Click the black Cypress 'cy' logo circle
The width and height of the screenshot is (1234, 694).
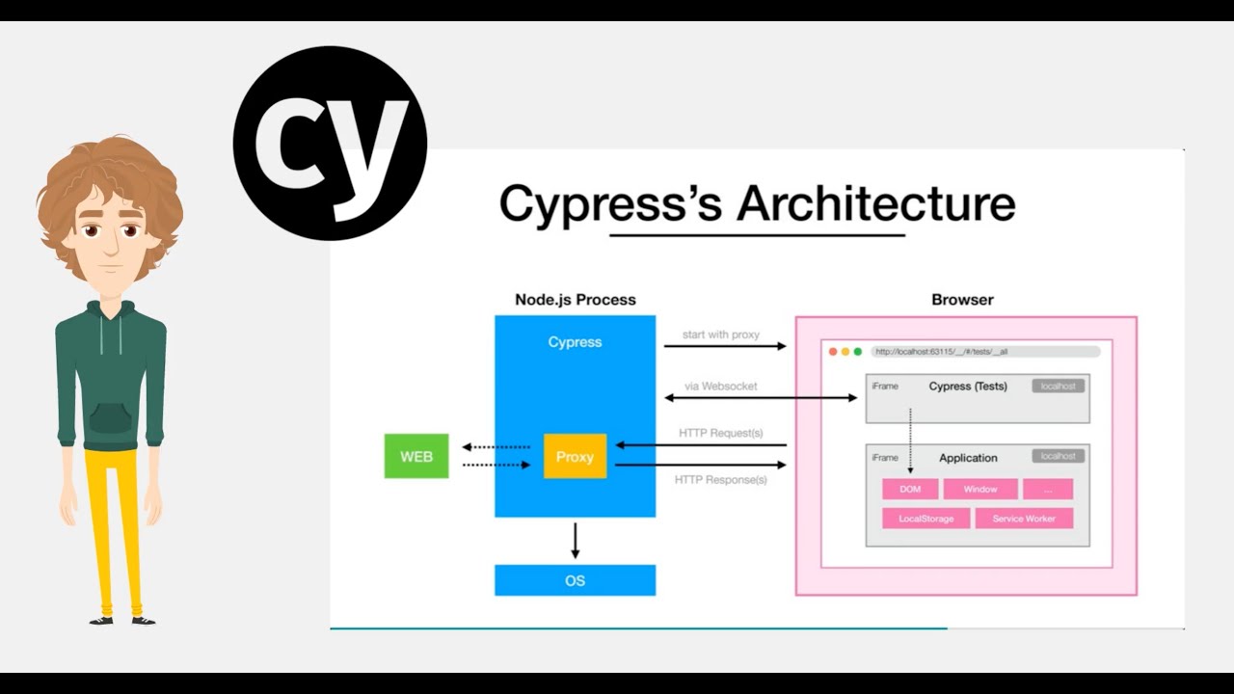(x=330, y=143)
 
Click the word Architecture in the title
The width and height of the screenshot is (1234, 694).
(x=875, y=204)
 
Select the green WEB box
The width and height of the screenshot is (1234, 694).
(x=416, y=456)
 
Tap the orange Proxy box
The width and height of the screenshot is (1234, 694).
(x=575, y=456)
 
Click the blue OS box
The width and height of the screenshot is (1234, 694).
(x=575, y=580)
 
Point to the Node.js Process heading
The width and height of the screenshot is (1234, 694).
(x=575, y=300)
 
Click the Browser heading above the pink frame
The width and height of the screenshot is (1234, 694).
(x=962, y=300)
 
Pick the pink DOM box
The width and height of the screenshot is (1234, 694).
(x=910, y=490)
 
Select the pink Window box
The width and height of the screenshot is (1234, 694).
(x=979, y=490)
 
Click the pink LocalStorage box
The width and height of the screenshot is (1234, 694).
(x=925, y=519)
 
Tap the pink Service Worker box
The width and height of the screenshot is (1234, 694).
(x=1024, y=519)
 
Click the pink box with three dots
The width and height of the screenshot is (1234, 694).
(x=1047, y=490)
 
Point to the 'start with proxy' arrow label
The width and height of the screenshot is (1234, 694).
(x=721, y=334)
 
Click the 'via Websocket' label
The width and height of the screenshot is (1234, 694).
(x=721, y=386)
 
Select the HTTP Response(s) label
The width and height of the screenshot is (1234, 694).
(x=721, y=479)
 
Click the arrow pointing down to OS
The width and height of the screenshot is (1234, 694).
(x=576, y=541)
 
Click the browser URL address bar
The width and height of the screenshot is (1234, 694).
(x=984, y=352)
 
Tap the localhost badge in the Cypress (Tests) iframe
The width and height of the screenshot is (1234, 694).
(x=1058, y=386)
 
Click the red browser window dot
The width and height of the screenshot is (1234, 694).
(x=833, y=352)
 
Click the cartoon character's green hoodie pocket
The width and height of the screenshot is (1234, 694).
(x=111, y=417)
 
